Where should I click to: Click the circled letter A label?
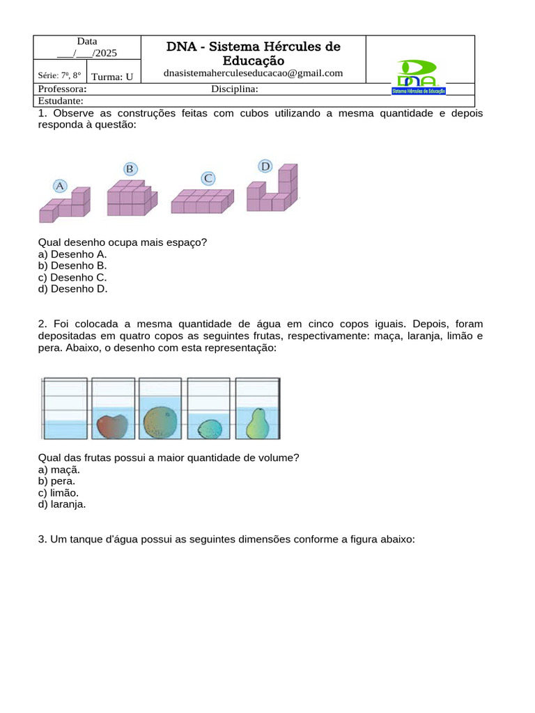(60, 186)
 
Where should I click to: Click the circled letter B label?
(130, 169)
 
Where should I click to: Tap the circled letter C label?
(208, 178)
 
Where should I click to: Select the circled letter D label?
(265, 166)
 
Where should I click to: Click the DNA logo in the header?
(418, 77)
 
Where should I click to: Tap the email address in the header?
(253, 73)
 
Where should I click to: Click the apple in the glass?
(111, 425)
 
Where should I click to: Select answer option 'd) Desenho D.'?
(73, 288)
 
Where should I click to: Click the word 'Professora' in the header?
(62, 89)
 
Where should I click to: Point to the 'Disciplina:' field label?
(235, 89)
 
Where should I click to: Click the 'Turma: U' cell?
(112, 77)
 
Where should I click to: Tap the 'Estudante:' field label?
(61, 100)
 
